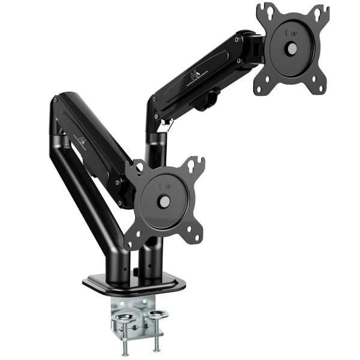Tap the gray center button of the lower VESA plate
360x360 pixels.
point(163,202)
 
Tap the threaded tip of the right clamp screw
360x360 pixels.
point(157,347)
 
